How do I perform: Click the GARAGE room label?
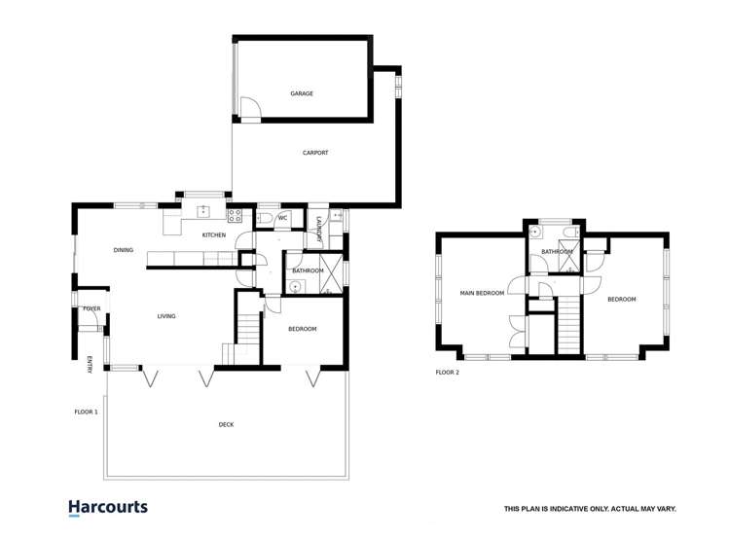click(301, 93)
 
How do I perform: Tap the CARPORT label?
click(315, 153)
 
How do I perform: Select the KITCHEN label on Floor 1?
click(214, 235)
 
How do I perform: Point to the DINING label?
click(123, 250)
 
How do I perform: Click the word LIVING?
click(166, 316)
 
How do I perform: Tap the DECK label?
click(226, 424)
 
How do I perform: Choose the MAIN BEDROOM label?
click(482, 293)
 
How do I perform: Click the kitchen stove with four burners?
click(235, 213)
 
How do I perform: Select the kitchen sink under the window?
click(203, 211)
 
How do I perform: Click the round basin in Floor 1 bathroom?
click(294, 286)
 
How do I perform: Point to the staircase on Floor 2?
click(566, 326)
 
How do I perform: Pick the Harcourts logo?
click(108, 508)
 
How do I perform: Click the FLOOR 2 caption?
click(447, 373)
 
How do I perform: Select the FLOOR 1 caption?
click(87, 412)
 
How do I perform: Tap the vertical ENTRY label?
click(89, 364)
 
